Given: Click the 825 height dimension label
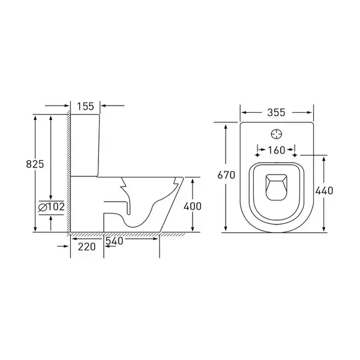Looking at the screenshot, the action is [35, 164].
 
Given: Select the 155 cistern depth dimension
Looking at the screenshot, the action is [85, 106].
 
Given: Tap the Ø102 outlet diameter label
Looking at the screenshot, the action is [52, 207].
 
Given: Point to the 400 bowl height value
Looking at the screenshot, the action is [193, 206].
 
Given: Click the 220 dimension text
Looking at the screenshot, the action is [87, 247].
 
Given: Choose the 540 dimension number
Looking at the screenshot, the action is [115, 241].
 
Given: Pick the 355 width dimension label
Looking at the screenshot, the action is [276, 113].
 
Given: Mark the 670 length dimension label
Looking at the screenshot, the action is [226, 175].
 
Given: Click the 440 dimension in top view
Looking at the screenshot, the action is [324, 191].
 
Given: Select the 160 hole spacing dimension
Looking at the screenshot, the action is [277, 150].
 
